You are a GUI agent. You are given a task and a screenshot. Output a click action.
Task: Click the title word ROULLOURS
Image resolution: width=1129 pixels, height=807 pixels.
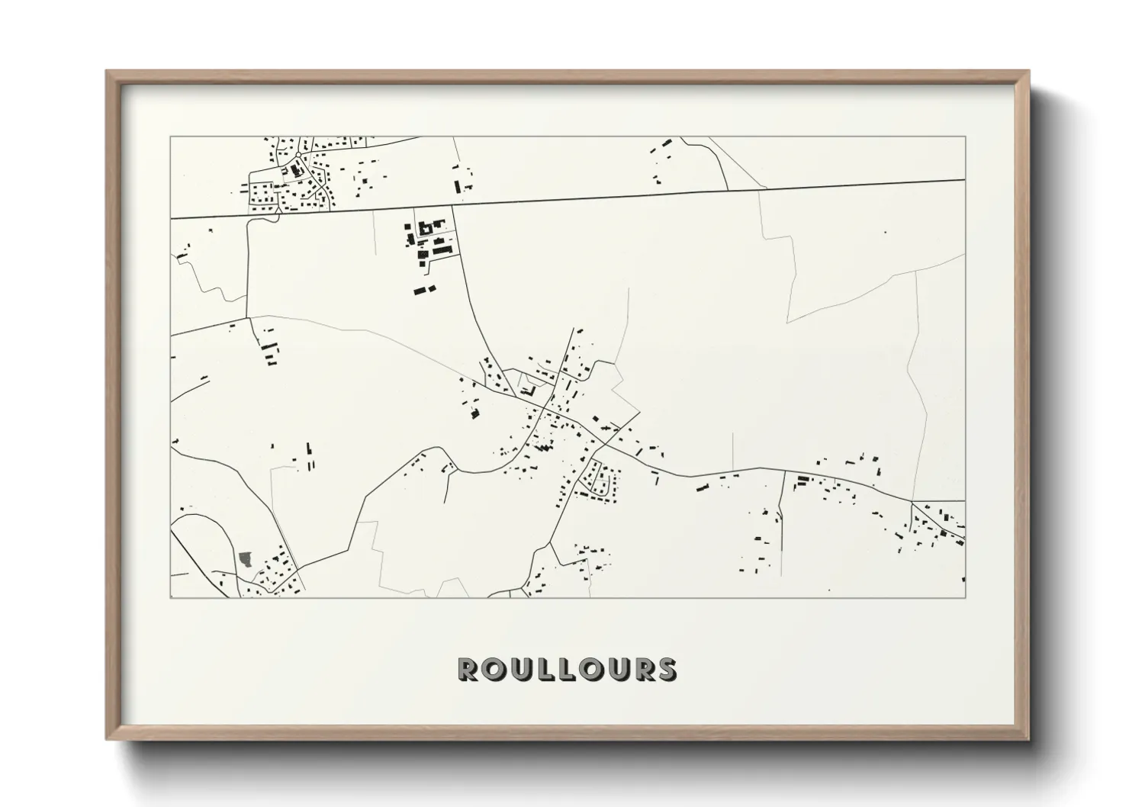point(566,670)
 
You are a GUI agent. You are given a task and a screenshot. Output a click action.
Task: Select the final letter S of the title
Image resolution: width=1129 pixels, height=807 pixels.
point(667,670)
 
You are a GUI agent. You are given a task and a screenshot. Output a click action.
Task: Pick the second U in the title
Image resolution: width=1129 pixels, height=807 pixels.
point(619,670)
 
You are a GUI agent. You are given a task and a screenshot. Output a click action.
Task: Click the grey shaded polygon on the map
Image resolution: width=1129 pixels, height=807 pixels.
point(246,559)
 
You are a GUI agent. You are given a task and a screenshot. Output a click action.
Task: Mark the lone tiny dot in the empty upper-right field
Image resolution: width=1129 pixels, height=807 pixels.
point(885,232)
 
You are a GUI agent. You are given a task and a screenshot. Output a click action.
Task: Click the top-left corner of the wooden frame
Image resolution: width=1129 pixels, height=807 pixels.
point(107,72)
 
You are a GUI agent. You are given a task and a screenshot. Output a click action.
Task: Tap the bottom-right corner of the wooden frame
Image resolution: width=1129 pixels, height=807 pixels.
point(1028,738)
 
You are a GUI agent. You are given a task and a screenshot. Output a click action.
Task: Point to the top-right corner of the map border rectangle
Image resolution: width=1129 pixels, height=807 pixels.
point(965,137)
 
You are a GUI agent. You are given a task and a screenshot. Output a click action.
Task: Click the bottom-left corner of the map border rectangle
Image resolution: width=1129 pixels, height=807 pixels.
point(171,597)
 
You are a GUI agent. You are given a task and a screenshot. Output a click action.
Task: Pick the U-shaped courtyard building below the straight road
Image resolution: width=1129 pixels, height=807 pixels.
point(425,227)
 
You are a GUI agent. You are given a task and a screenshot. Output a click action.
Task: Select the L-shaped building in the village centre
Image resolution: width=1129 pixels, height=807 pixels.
point(528,391)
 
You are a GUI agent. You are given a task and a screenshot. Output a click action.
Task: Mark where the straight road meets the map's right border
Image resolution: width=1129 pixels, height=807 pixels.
point(965,180)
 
